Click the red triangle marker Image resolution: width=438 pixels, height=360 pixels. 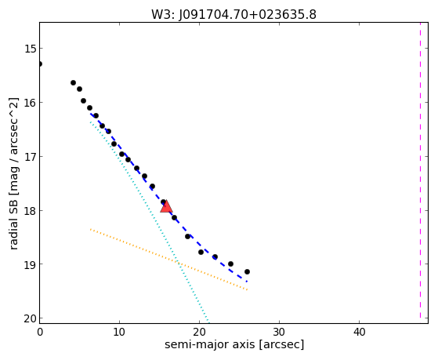[166, 206]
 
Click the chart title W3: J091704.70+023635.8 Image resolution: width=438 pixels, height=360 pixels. [233, 15]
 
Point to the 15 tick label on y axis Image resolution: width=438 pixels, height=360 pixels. [30, 49]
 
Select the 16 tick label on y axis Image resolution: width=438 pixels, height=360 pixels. [30, 103]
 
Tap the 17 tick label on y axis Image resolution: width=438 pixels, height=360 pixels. [30, 157]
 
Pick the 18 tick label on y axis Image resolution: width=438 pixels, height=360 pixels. [30, 211]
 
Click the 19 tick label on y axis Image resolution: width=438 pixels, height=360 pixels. [30, 264]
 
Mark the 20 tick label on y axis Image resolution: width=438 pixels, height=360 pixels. [30, 318]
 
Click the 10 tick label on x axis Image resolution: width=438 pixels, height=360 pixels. [120, 332]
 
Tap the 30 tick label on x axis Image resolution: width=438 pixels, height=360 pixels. [279, 332]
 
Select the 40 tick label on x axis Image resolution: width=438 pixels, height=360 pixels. [359, 332]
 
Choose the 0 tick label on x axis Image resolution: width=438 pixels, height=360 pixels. [40, 332]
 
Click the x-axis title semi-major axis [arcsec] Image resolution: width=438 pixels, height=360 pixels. [234, 344]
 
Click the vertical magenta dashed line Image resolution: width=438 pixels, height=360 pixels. [420, 170]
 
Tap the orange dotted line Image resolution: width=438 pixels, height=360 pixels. [168, 260]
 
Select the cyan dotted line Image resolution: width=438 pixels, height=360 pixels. [150, 222]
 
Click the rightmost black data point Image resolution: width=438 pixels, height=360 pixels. [247, 271]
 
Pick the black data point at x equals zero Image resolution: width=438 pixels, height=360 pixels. [40, 64]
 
